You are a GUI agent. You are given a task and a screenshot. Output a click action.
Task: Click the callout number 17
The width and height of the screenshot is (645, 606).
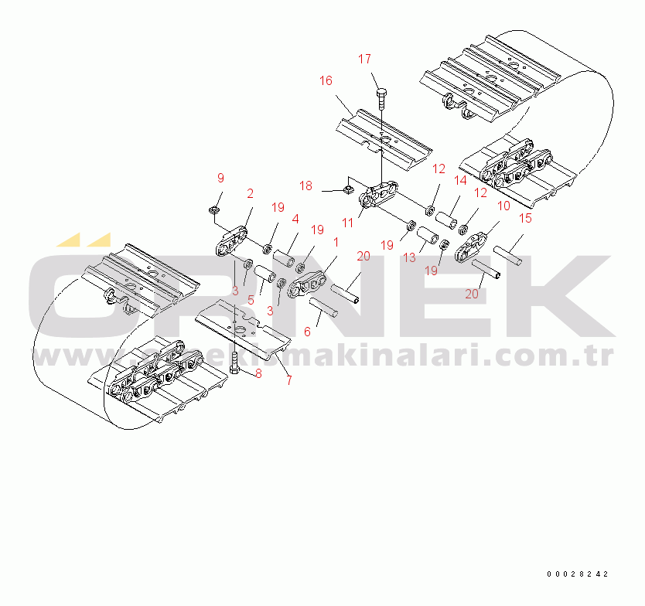(x=365, y=60)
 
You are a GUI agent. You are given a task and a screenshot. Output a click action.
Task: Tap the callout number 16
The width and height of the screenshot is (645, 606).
(x=326, y=80)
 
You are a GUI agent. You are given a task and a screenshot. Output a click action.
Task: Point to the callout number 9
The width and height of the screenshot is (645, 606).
(x=220, y=179)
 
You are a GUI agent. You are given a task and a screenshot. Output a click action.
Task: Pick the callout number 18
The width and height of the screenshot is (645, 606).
(x=306, y=186)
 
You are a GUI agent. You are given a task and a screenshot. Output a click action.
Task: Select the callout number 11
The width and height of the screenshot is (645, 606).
(x=348, y=222)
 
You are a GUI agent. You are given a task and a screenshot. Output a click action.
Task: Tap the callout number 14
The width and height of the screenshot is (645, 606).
(x=460, y=181)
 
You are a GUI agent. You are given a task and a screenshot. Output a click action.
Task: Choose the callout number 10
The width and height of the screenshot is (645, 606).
(x=503, y=206)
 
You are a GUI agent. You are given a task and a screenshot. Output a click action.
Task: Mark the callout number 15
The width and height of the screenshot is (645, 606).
(x=525, y=219)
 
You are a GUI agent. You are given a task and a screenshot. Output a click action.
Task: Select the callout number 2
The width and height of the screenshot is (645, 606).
(x=250, y=193)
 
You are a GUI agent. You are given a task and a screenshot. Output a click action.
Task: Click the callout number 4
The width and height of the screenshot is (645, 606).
(x=295, y=220)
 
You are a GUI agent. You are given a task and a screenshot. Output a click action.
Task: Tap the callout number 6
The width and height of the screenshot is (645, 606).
(x=307, y=331)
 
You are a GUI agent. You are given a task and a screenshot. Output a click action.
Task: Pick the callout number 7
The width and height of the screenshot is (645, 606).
(x=288, y=380)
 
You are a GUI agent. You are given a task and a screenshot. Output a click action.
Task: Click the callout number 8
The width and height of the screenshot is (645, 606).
(x=258, y=373)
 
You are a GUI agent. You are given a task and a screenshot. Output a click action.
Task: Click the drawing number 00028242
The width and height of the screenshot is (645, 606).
(x=578, y=574)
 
